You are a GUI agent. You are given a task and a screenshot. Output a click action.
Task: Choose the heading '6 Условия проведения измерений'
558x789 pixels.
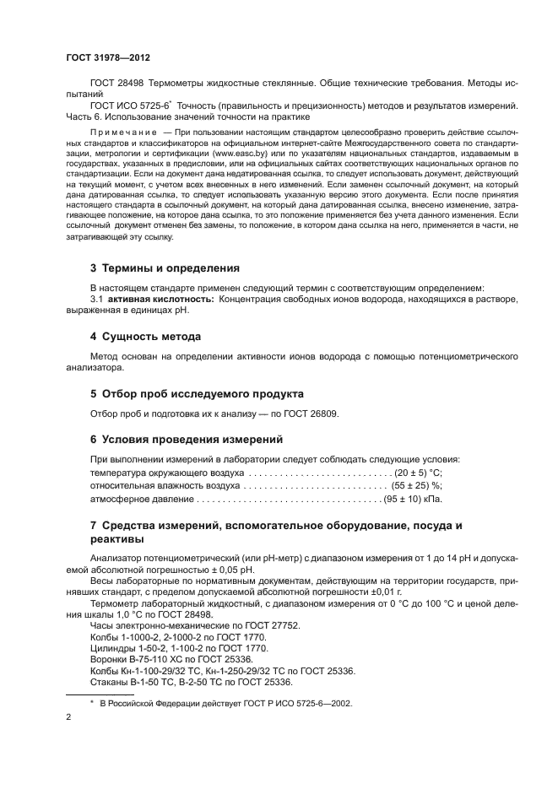(x=187, y=440)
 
